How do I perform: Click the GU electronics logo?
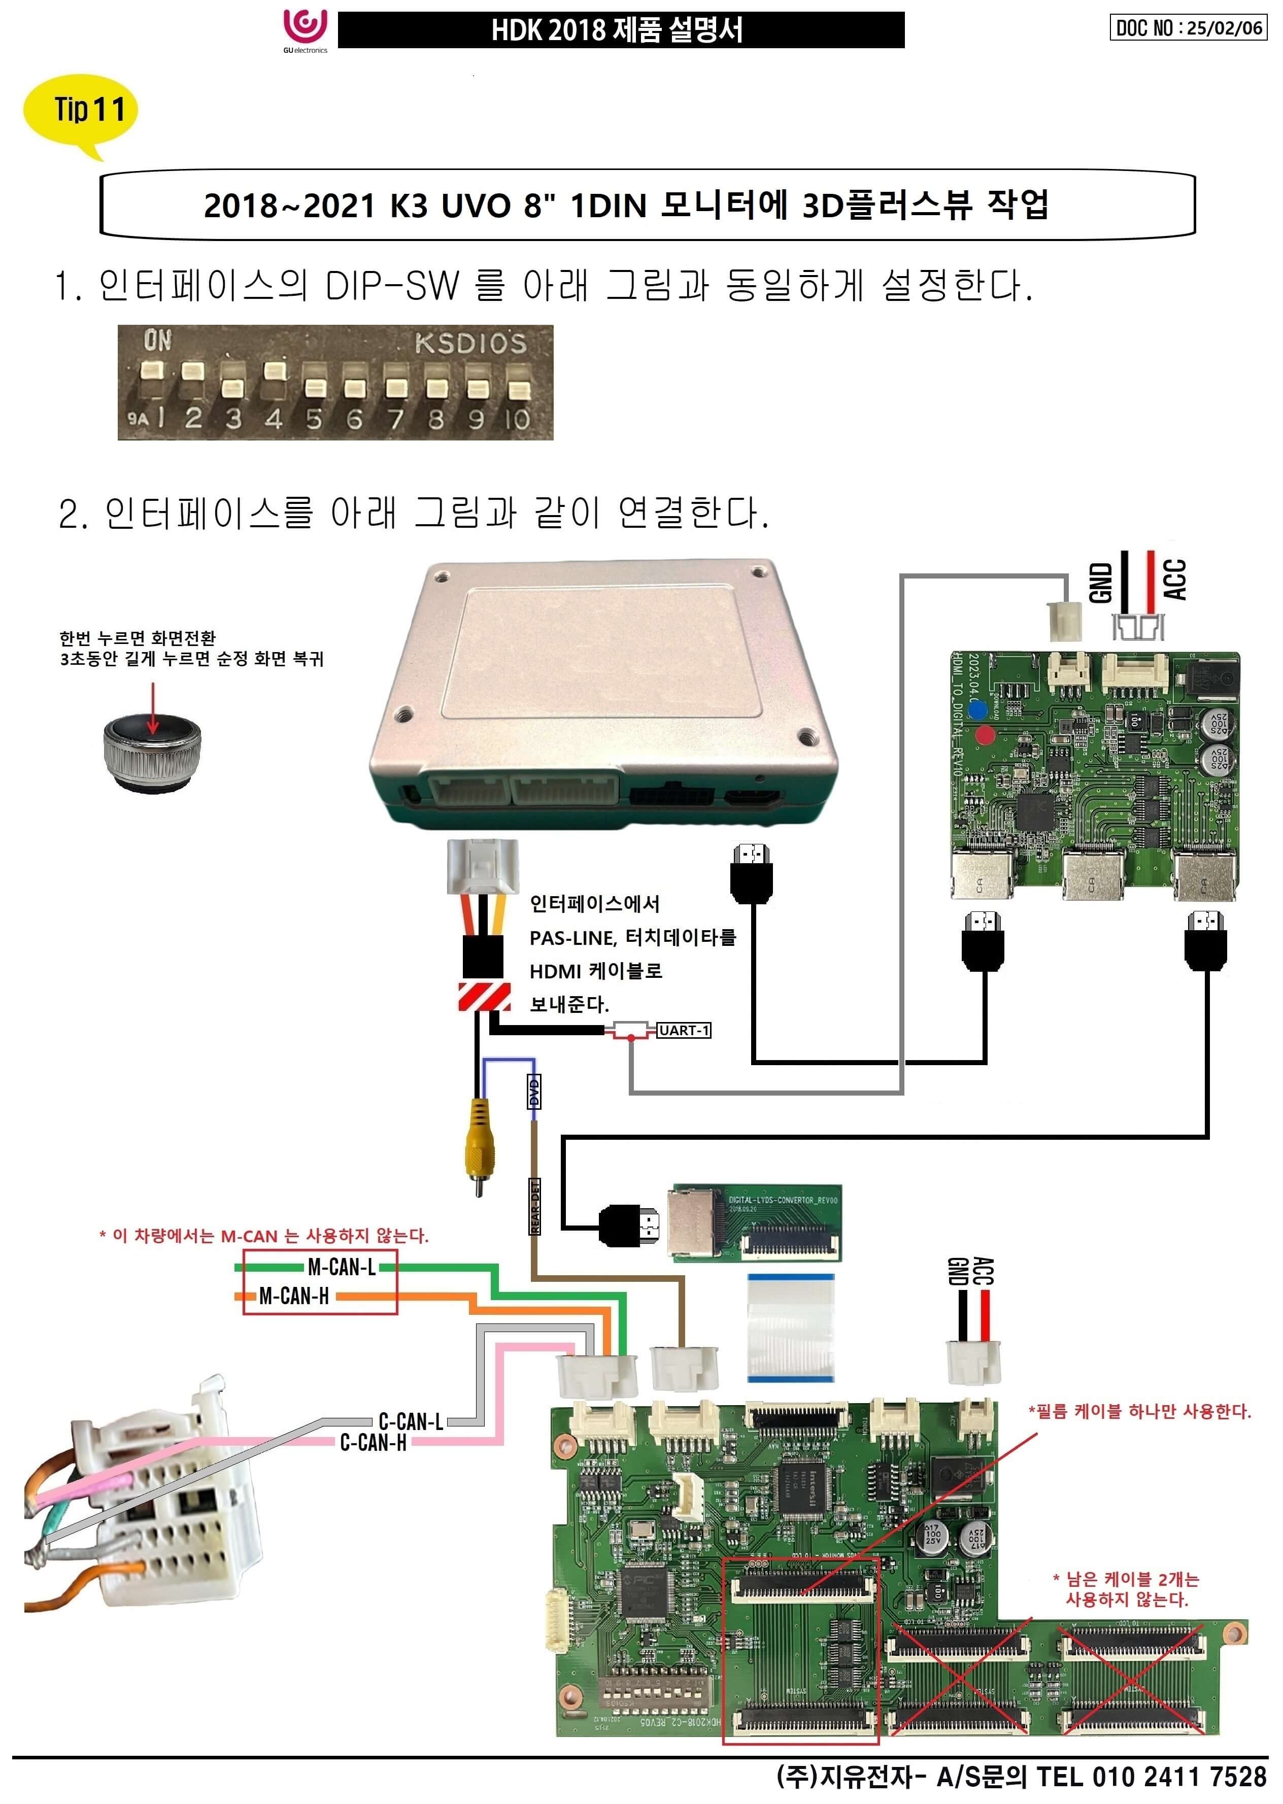click(305, 30)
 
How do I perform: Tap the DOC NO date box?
click(1188, 27)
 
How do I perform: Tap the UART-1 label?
click(684, 1030)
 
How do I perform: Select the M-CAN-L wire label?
click(341, 1267)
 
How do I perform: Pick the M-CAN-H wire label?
click(294, 1296)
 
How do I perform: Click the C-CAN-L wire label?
click(411, 1421)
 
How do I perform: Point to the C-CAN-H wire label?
click(373, 1442)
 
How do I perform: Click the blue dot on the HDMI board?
click(978, 710)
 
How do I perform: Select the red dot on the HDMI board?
click(985, 735)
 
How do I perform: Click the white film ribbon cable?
click(790, 1328)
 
